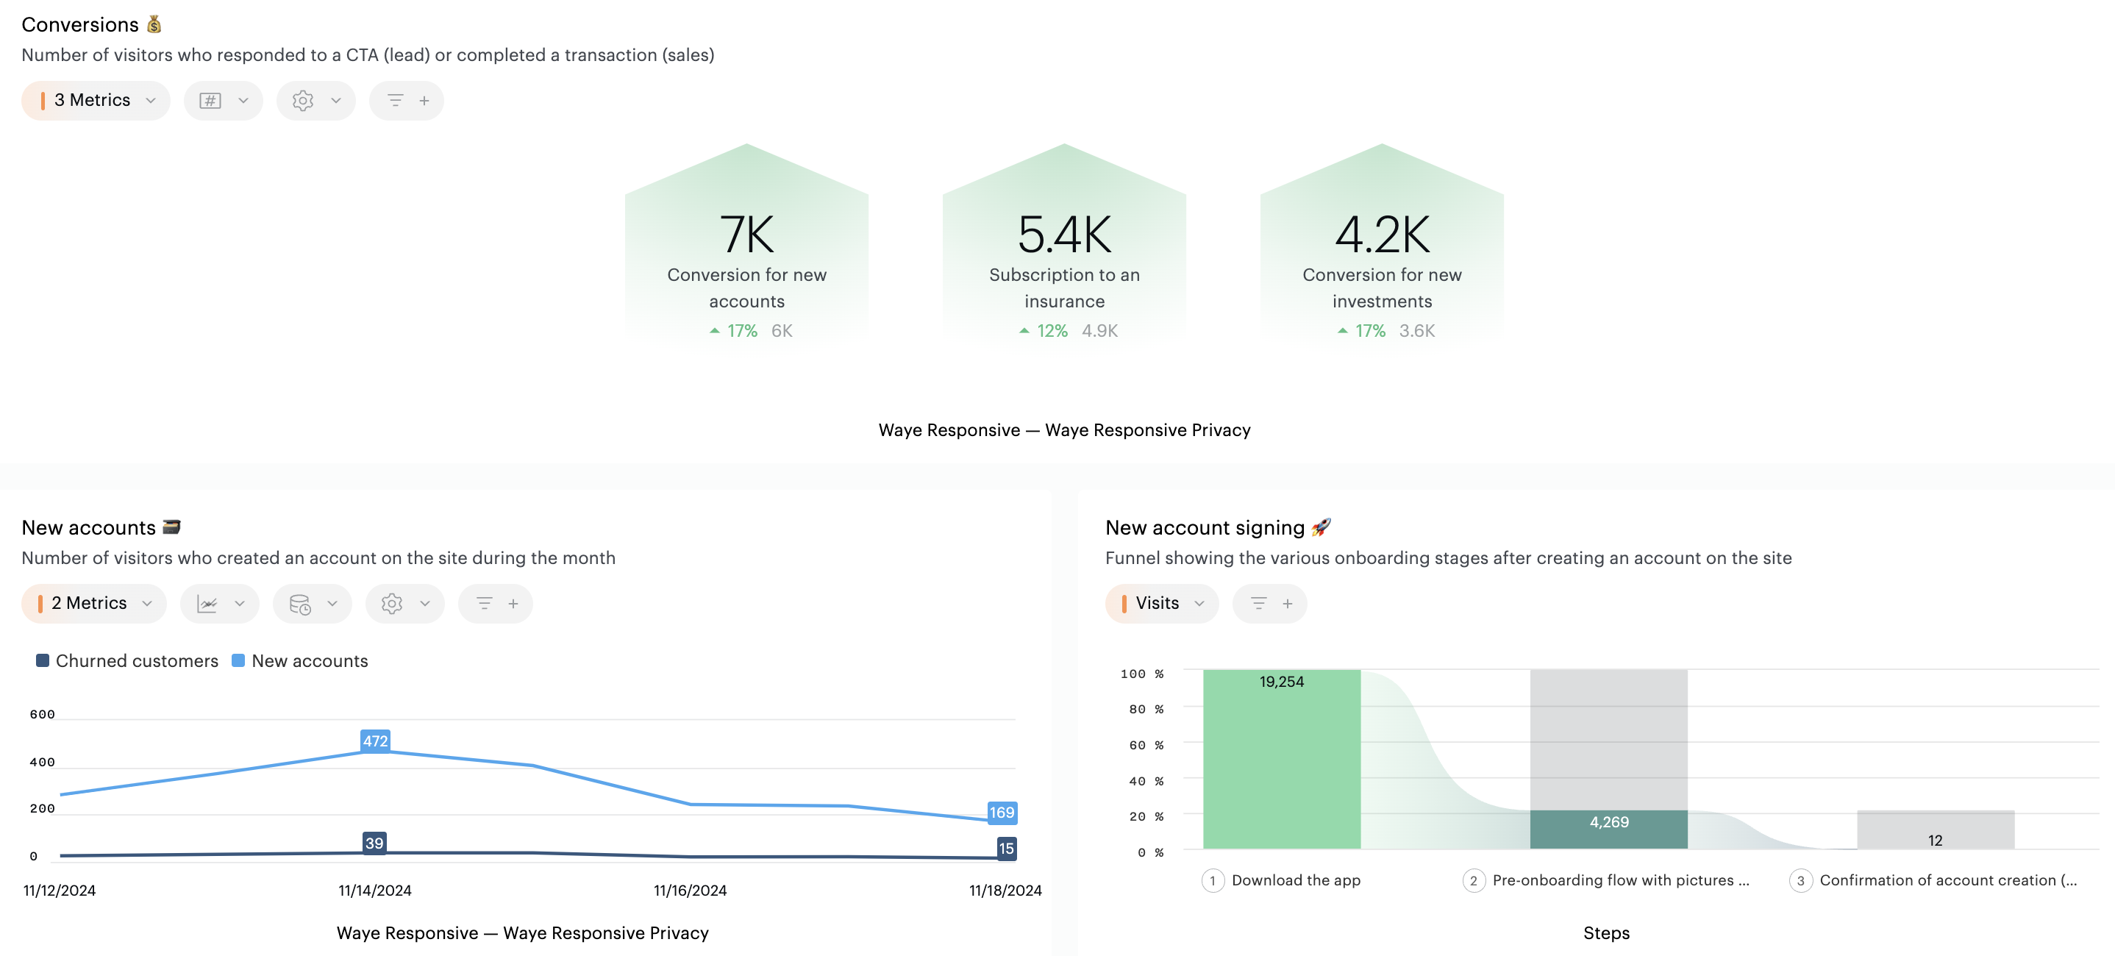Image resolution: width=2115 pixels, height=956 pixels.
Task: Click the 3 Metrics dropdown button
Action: (x=96, y=100)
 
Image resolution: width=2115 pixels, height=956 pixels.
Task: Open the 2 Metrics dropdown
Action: (x=93, y=604)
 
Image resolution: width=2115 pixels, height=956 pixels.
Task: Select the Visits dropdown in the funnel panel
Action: (x=1161, y=604)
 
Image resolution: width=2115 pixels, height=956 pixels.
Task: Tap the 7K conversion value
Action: (x=746, y=234)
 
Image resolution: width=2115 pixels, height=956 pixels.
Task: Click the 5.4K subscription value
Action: (x=1064, y=234)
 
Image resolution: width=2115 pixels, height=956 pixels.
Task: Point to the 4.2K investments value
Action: (x=1382, y=234)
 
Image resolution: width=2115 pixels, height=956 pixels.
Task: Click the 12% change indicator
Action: (x=1044, y=331)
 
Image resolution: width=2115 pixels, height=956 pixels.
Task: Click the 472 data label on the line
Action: (x=375, y=741)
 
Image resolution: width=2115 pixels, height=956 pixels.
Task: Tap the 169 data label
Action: (x=1002, y=813)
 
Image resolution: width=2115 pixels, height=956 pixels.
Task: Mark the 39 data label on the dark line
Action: (x=374, y=843)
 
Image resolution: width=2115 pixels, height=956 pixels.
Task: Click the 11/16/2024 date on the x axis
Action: (x=690, y=891)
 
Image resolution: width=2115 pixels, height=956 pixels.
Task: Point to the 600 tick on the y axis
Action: (x=43, y=715)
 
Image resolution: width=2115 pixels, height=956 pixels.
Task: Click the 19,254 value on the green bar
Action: (x=1281, y=682)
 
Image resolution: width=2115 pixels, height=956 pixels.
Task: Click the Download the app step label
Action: (x=1296, y=880)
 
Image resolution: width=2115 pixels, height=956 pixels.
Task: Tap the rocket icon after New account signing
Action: (x=1321, y=527)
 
